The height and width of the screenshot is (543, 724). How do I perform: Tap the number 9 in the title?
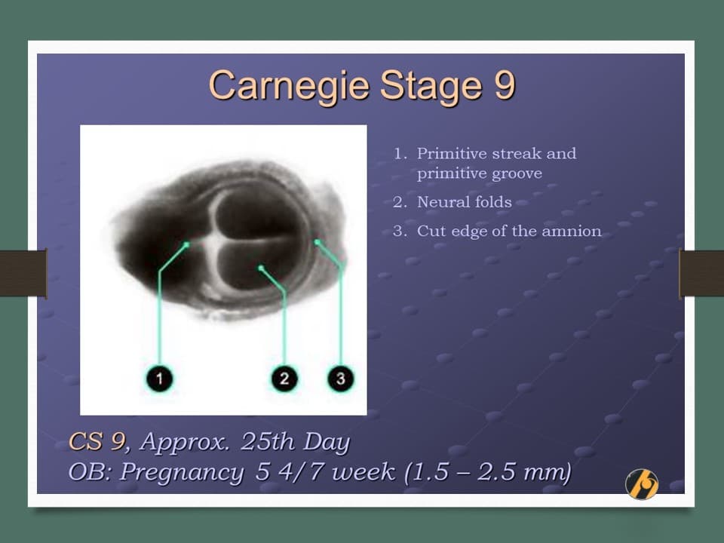point(505,85)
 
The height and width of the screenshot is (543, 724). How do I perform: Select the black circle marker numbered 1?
point(159,379)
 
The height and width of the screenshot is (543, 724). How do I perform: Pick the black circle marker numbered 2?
point(284,379)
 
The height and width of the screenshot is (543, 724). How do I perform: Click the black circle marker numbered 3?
point(341,379)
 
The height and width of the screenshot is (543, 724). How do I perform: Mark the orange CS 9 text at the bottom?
point(97,441)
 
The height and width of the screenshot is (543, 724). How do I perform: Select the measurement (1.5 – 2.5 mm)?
point(487,472)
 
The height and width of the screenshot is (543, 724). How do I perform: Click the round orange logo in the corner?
point(642,484)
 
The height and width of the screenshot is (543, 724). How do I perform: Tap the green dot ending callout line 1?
point(186,244)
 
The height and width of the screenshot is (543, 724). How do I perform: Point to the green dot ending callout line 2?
point(261,268)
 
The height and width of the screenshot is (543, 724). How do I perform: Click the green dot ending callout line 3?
point(317,242)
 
